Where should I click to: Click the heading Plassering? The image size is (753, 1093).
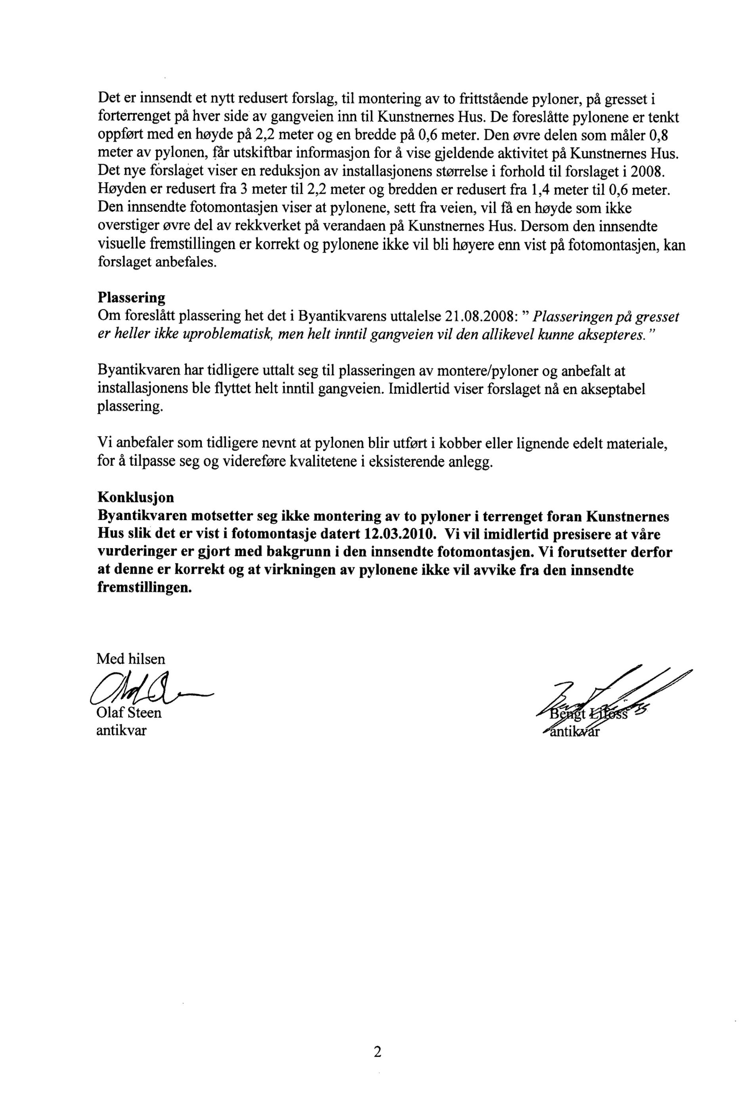coord(131,298)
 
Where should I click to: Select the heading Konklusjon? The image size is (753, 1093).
coord(136,497)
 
